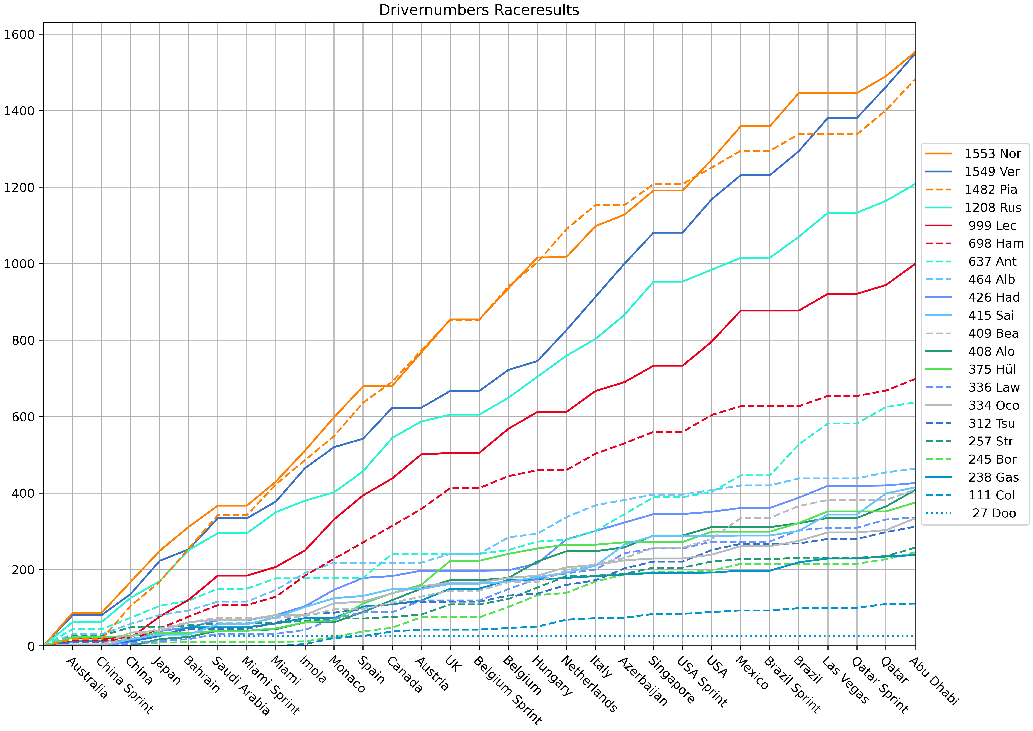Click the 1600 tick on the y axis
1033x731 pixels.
pos(19,34)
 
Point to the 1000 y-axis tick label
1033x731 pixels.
pos(19,264)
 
